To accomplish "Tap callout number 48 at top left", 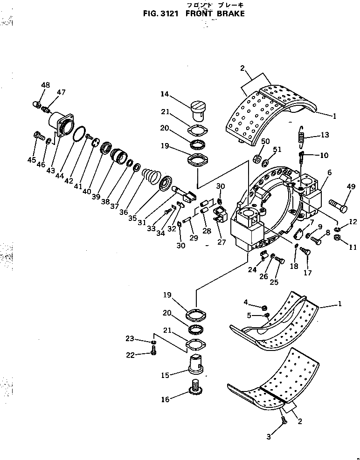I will (x=45, y=85).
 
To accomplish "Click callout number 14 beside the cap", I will (x=165, y=94).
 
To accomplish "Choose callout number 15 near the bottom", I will (x=174, y=374).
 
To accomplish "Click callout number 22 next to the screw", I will (x=130, y=355).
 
